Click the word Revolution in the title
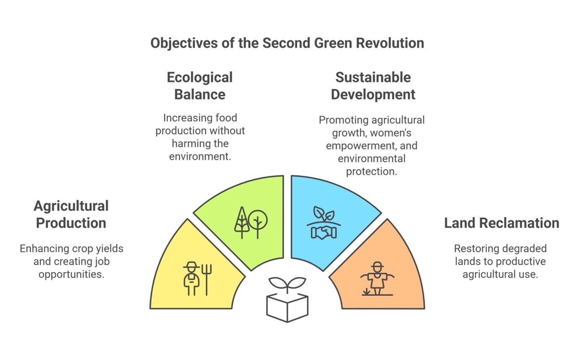[390, 43]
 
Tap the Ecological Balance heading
[200, 86]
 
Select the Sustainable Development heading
[373, 86]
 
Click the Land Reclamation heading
[502, 223]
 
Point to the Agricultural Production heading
[71, 214]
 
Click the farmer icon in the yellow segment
[191, 279]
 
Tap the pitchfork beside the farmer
[207, 280]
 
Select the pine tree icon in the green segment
[242, 223]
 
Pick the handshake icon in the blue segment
[324, 232]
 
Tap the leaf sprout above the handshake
[324, 214]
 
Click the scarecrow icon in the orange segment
[377, 279]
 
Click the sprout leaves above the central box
[287, 284]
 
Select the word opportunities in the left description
[71, 274]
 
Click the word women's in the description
[390, 133]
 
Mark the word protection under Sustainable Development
[372, 172]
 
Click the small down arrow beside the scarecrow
[366, 292]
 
